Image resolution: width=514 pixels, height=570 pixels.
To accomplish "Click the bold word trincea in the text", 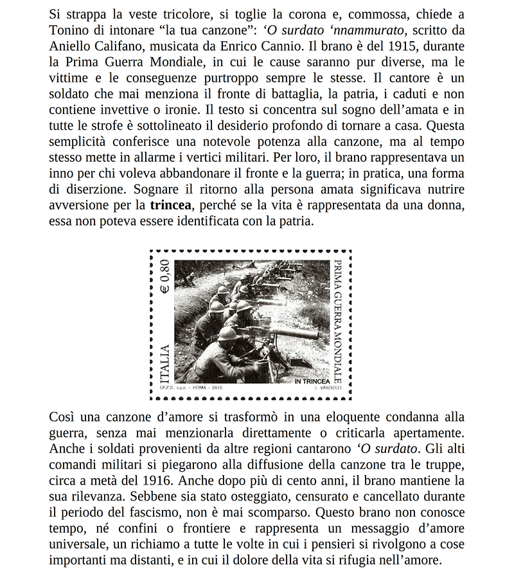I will tap(170, 206).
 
